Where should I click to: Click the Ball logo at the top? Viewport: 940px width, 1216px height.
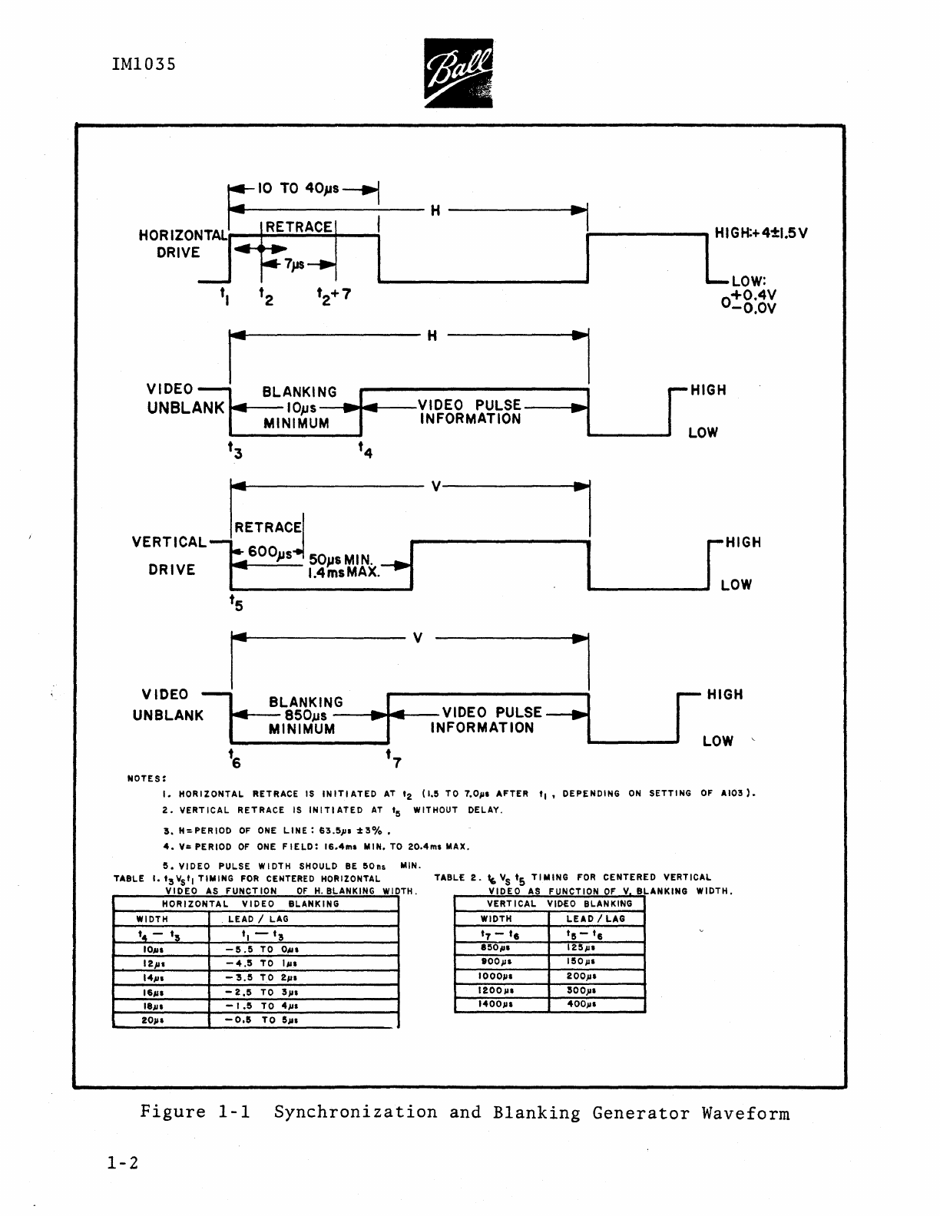[458, 74]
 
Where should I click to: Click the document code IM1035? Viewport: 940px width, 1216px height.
[144, 64]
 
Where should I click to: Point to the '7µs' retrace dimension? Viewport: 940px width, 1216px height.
[295, 264]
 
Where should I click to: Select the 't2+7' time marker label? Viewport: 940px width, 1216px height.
[334, 295]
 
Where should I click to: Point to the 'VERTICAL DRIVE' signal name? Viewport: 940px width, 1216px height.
[170, 556]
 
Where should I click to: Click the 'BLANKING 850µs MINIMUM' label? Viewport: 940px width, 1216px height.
[305, 715]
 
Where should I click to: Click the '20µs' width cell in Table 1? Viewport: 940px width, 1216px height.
[153, 1020]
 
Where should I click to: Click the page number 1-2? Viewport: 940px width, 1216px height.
[123, 1164]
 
